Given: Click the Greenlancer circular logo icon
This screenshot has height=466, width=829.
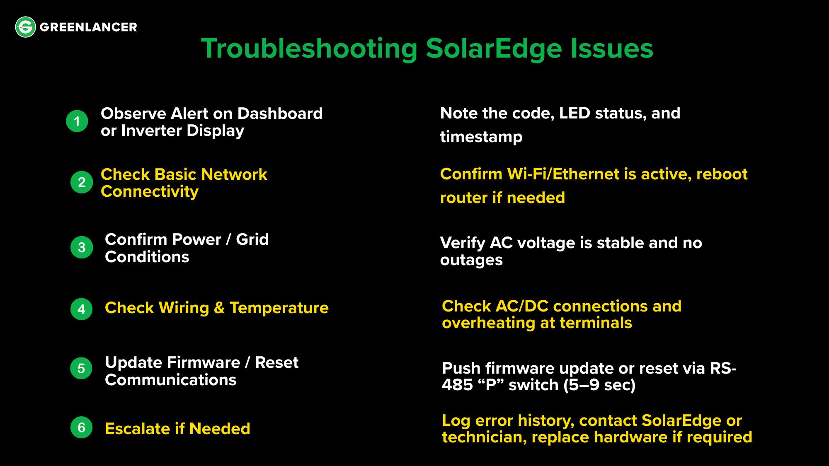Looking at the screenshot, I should (x=25, y=27).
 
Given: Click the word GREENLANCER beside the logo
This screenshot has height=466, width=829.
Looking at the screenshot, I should (x=88, y=27).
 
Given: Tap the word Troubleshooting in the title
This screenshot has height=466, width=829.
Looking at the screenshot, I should (x=309, y=49).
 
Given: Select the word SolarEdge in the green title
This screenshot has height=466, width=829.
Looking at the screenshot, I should (x=494, y=49).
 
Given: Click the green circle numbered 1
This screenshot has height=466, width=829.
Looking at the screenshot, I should (x=77, y=121).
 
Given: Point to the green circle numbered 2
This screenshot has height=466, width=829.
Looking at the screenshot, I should (x=82, y=182).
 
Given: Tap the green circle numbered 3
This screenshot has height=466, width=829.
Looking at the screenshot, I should (x=82, y=247).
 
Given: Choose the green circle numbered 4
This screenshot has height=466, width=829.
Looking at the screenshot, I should (x=81, y=309).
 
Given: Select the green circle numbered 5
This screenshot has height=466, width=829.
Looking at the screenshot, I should (x=81, y=368).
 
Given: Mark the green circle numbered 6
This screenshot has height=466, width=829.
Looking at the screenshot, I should (x=81, y=427).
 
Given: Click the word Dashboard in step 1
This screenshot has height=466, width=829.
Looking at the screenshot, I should (x=280, y=113).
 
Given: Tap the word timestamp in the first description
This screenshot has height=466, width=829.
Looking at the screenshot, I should (x=481, y=137).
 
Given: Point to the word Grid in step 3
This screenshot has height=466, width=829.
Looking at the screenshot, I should (x=252, y=239).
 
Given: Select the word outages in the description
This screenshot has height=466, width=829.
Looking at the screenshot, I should (x=471, y=260).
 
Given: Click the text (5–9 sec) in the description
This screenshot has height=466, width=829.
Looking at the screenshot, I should (x=599, y=385).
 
